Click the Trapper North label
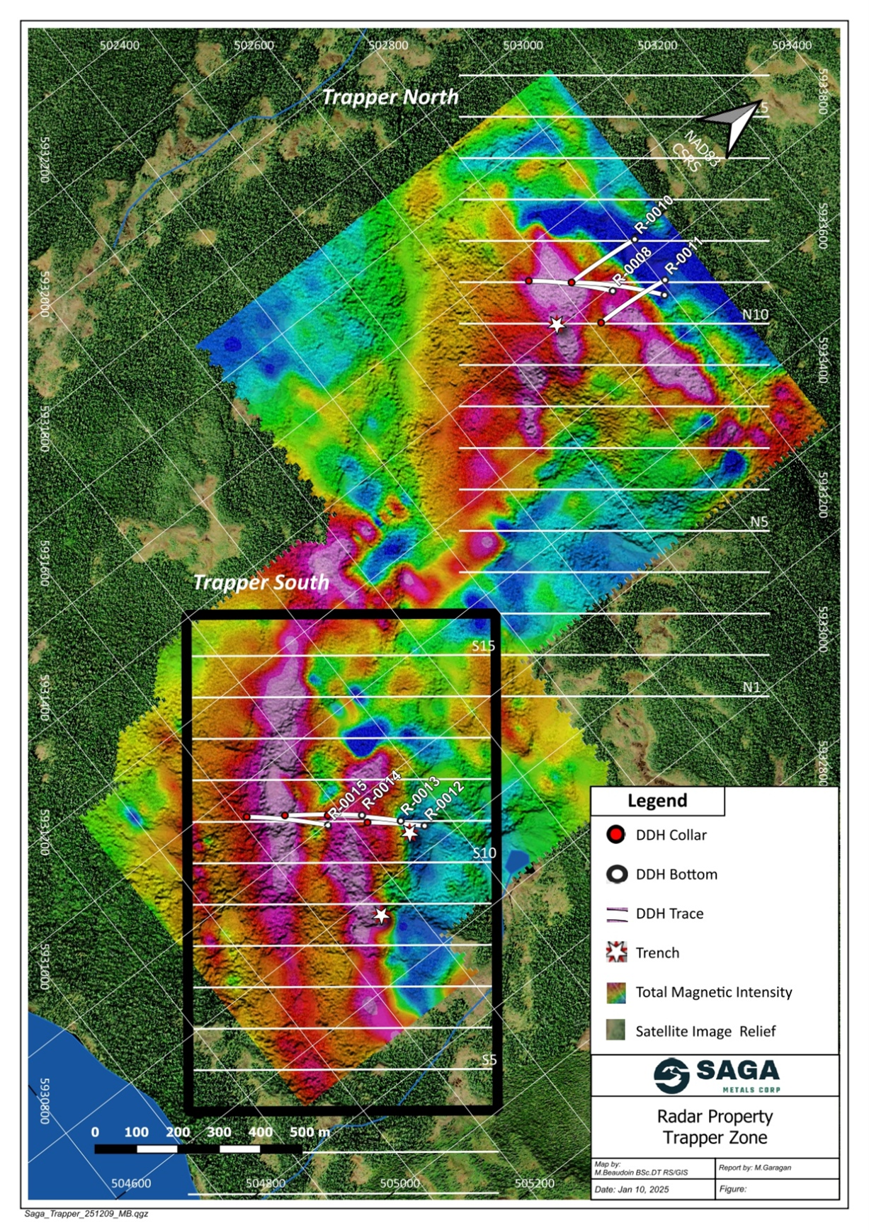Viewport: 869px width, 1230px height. [390, 97]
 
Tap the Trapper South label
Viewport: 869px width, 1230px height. [261, 582]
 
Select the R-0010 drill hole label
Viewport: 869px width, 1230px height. [653, 215]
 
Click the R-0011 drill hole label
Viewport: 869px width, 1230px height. [683, 255]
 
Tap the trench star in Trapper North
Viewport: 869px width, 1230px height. [557, 324]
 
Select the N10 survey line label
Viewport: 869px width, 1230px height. [755, 314]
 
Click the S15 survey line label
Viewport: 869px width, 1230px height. [484, 646]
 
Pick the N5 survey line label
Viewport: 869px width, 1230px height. [759, 522]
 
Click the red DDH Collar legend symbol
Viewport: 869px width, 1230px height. [616, 835]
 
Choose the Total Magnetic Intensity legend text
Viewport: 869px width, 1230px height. [713, 992]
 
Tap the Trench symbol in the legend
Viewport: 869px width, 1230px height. [617, 952]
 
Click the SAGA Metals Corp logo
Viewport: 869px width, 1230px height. [715, 1075]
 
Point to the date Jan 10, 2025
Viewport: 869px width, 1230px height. [632, 1189]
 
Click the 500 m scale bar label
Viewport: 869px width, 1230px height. [309, 1132]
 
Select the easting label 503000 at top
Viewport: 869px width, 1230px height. [523, 45]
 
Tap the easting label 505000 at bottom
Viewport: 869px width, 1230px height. [399, 1183]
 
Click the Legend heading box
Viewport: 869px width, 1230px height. [657, 801]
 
